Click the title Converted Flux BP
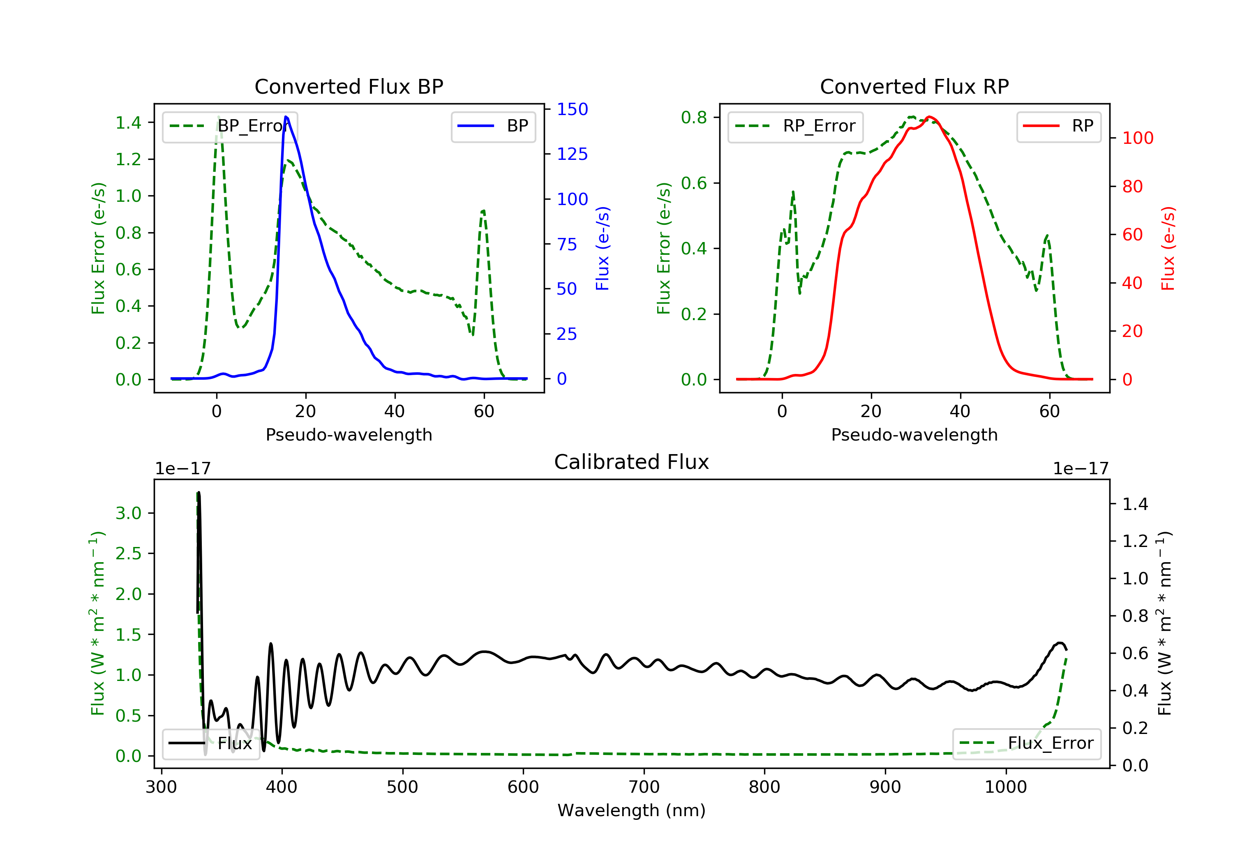coord(349,86)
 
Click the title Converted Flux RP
coord(914,86)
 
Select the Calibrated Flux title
coord(632,462)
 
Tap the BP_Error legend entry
coord(230,126)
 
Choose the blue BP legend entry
coord(493,126)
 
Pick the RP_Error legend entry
coord(795,126)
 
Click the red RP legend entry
coord(1058,126)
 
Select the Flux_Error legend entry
coord(1026,743)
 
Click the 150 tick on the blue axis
coord(573,110)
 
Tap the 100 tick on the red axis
coord(1138,138)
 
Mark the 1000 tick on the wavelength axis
coord(1006,787)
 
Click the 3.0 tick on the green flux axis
coord(129,513)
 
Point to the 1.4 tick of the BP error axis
coord(129,123)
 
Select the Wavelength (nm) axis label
coord(632,810)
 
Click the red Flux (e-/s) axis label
coord(1168,249)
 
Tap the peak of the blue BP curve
coord(286,117)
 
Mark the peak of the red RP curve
coord(929,117)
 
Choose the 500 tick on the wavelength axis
coord(403,787)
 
